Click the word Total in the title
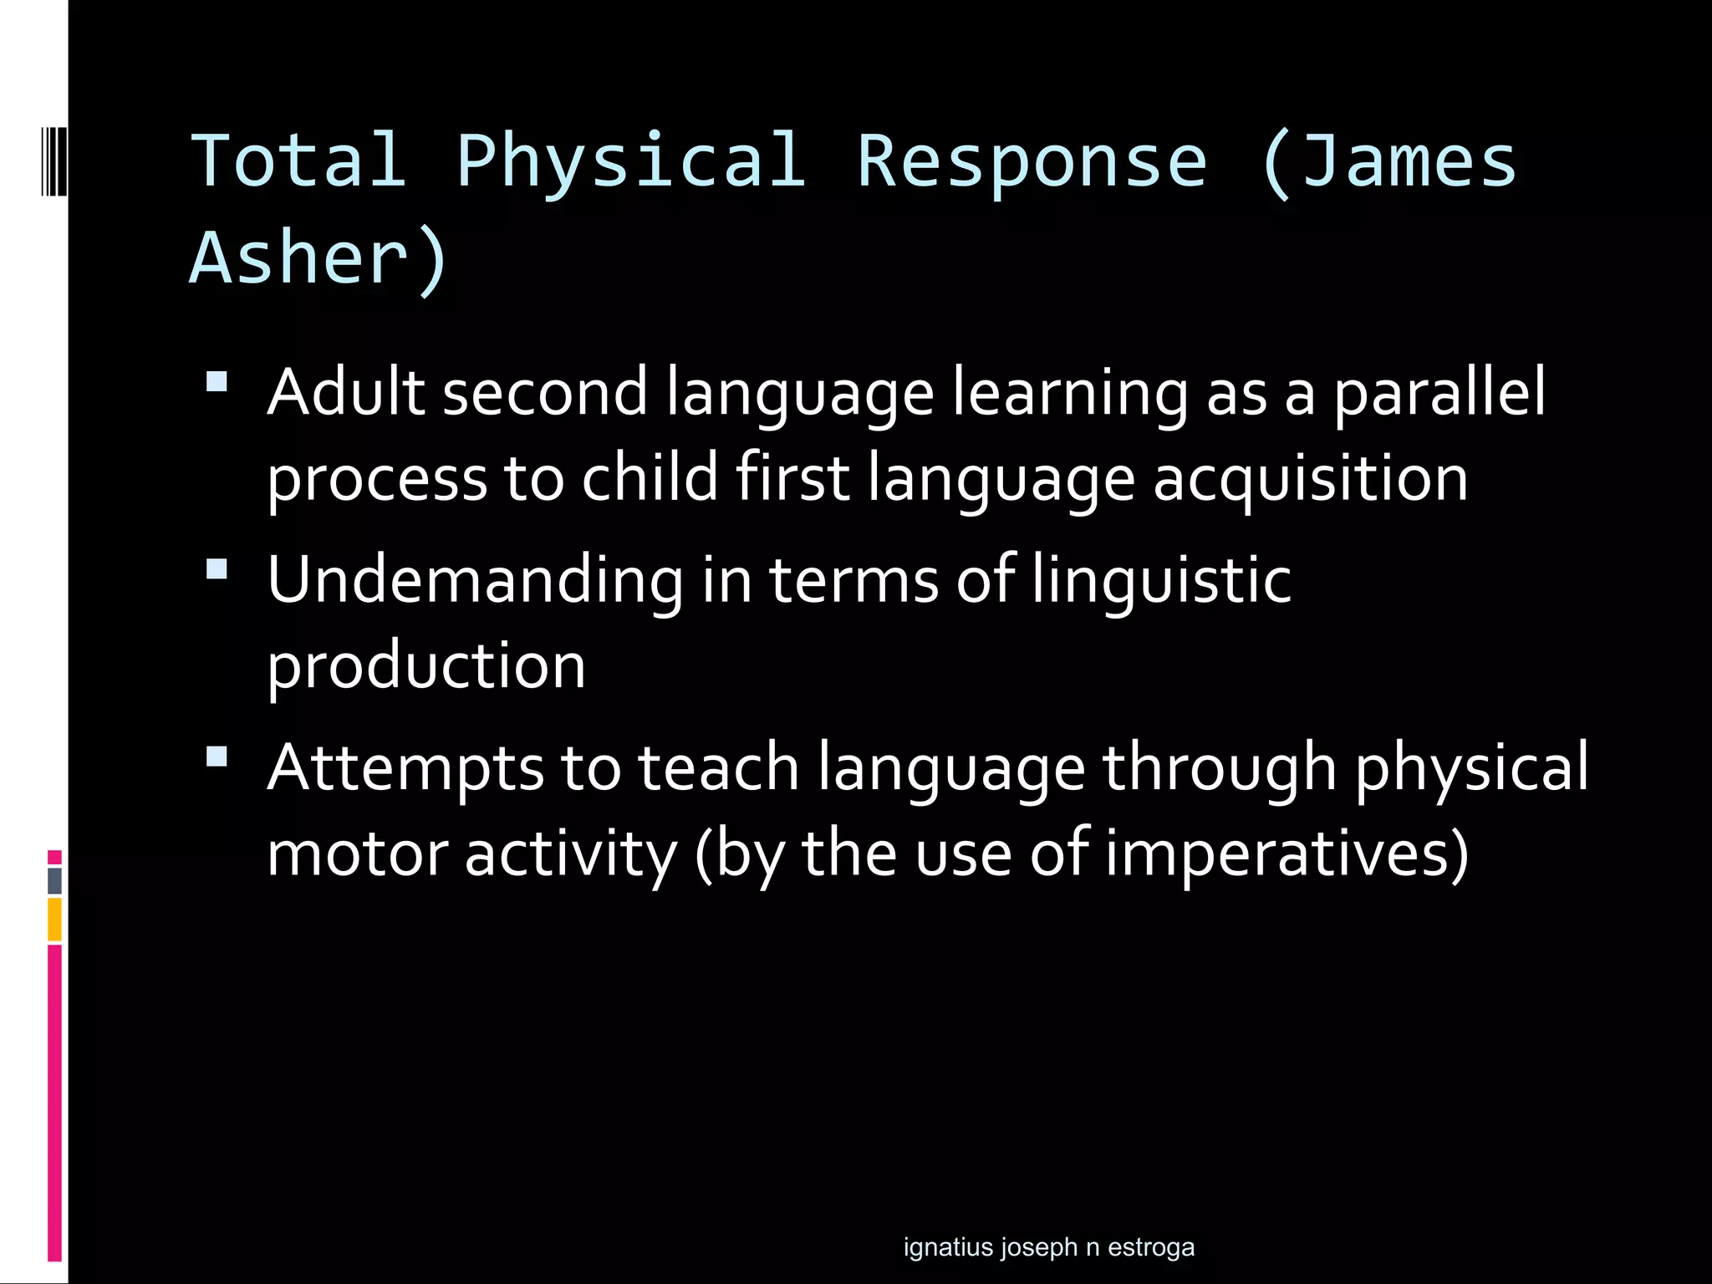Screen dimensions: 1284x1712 click(298, 160)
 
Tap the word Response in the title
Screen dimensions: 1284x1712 click(1032, 160)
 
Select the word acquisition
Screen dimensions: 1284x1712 click(1310, 479)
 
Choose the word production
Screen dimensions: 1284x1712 click(426, 666)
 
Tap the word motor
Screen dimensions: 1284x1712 click(357, 854)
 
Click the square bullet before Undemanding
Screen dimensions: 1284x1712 click(217, 569)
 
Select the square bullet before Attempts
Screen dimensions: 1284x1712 click(217, 757)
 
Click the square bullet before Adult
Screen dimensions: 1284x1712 click(217, 382)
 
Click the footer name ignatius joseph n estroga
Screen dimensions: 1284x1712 click(1048, 1246)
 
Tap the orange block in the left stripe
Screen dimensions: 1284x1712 click(54, 919)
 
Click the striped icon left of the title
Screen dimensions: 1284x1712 click(53, 160)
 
